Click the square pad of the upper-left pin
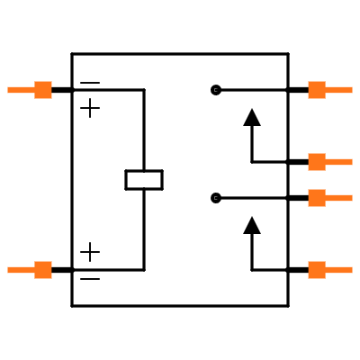[43, 90]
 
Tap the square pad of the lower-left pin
[43, 270]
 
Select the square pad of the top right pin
[317, 90]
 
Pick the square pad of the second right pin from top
[317, 162]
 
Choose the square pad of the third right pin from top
[317, 198]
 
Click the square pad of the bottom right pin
[317, 270]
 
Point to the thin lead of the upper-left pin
[21, 90]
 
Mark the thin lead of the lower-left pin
[21, 270]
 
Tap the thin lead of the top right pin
[339, 90]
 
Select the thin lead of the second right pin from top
[339, 162]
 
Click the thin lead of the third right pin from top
[339, 198]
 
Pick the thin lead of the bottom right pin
[339, 270]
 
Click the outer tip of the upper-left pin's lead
[8, 90]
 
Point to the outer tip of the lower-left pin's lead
[8, 270]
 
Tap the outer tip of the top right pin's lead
[352, 90]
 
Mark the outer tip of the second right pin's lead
[352, 162]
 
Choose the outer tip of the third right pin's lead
[352, 198]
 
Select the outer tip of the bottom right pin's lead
[352, 270]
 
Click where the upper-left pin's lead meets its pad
[35, 90]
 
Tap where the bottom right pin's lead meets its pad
[325, 270]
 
